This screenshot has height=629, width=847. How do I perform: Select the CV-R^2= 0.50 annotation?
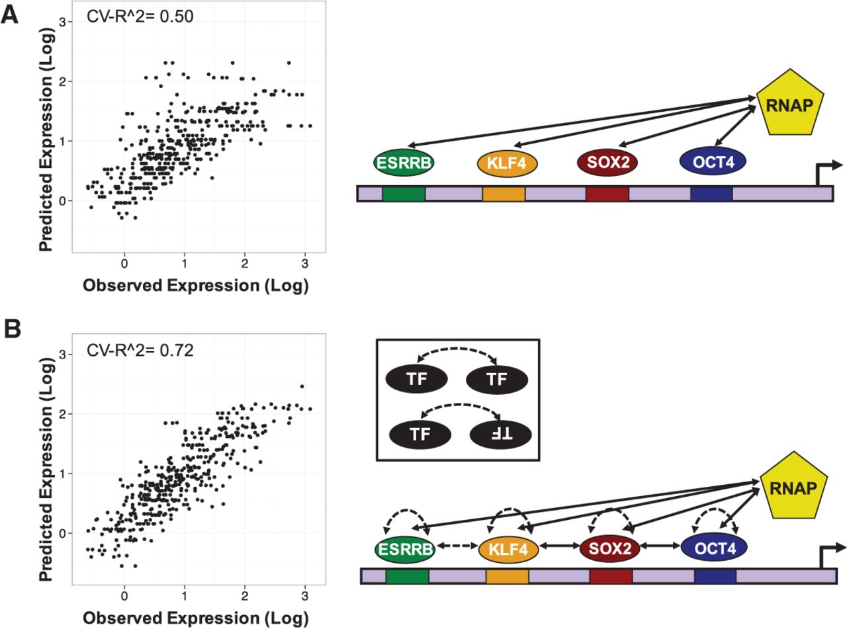coord(140,17)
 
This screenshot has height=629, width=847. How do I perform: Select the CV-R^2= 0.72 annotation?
coord(140,350)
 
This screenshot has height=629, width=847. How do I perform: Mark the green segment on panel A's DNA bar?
coord(404,194)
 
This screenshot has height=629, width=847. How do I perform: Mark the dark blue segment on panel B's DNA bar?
coord(715,576)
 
